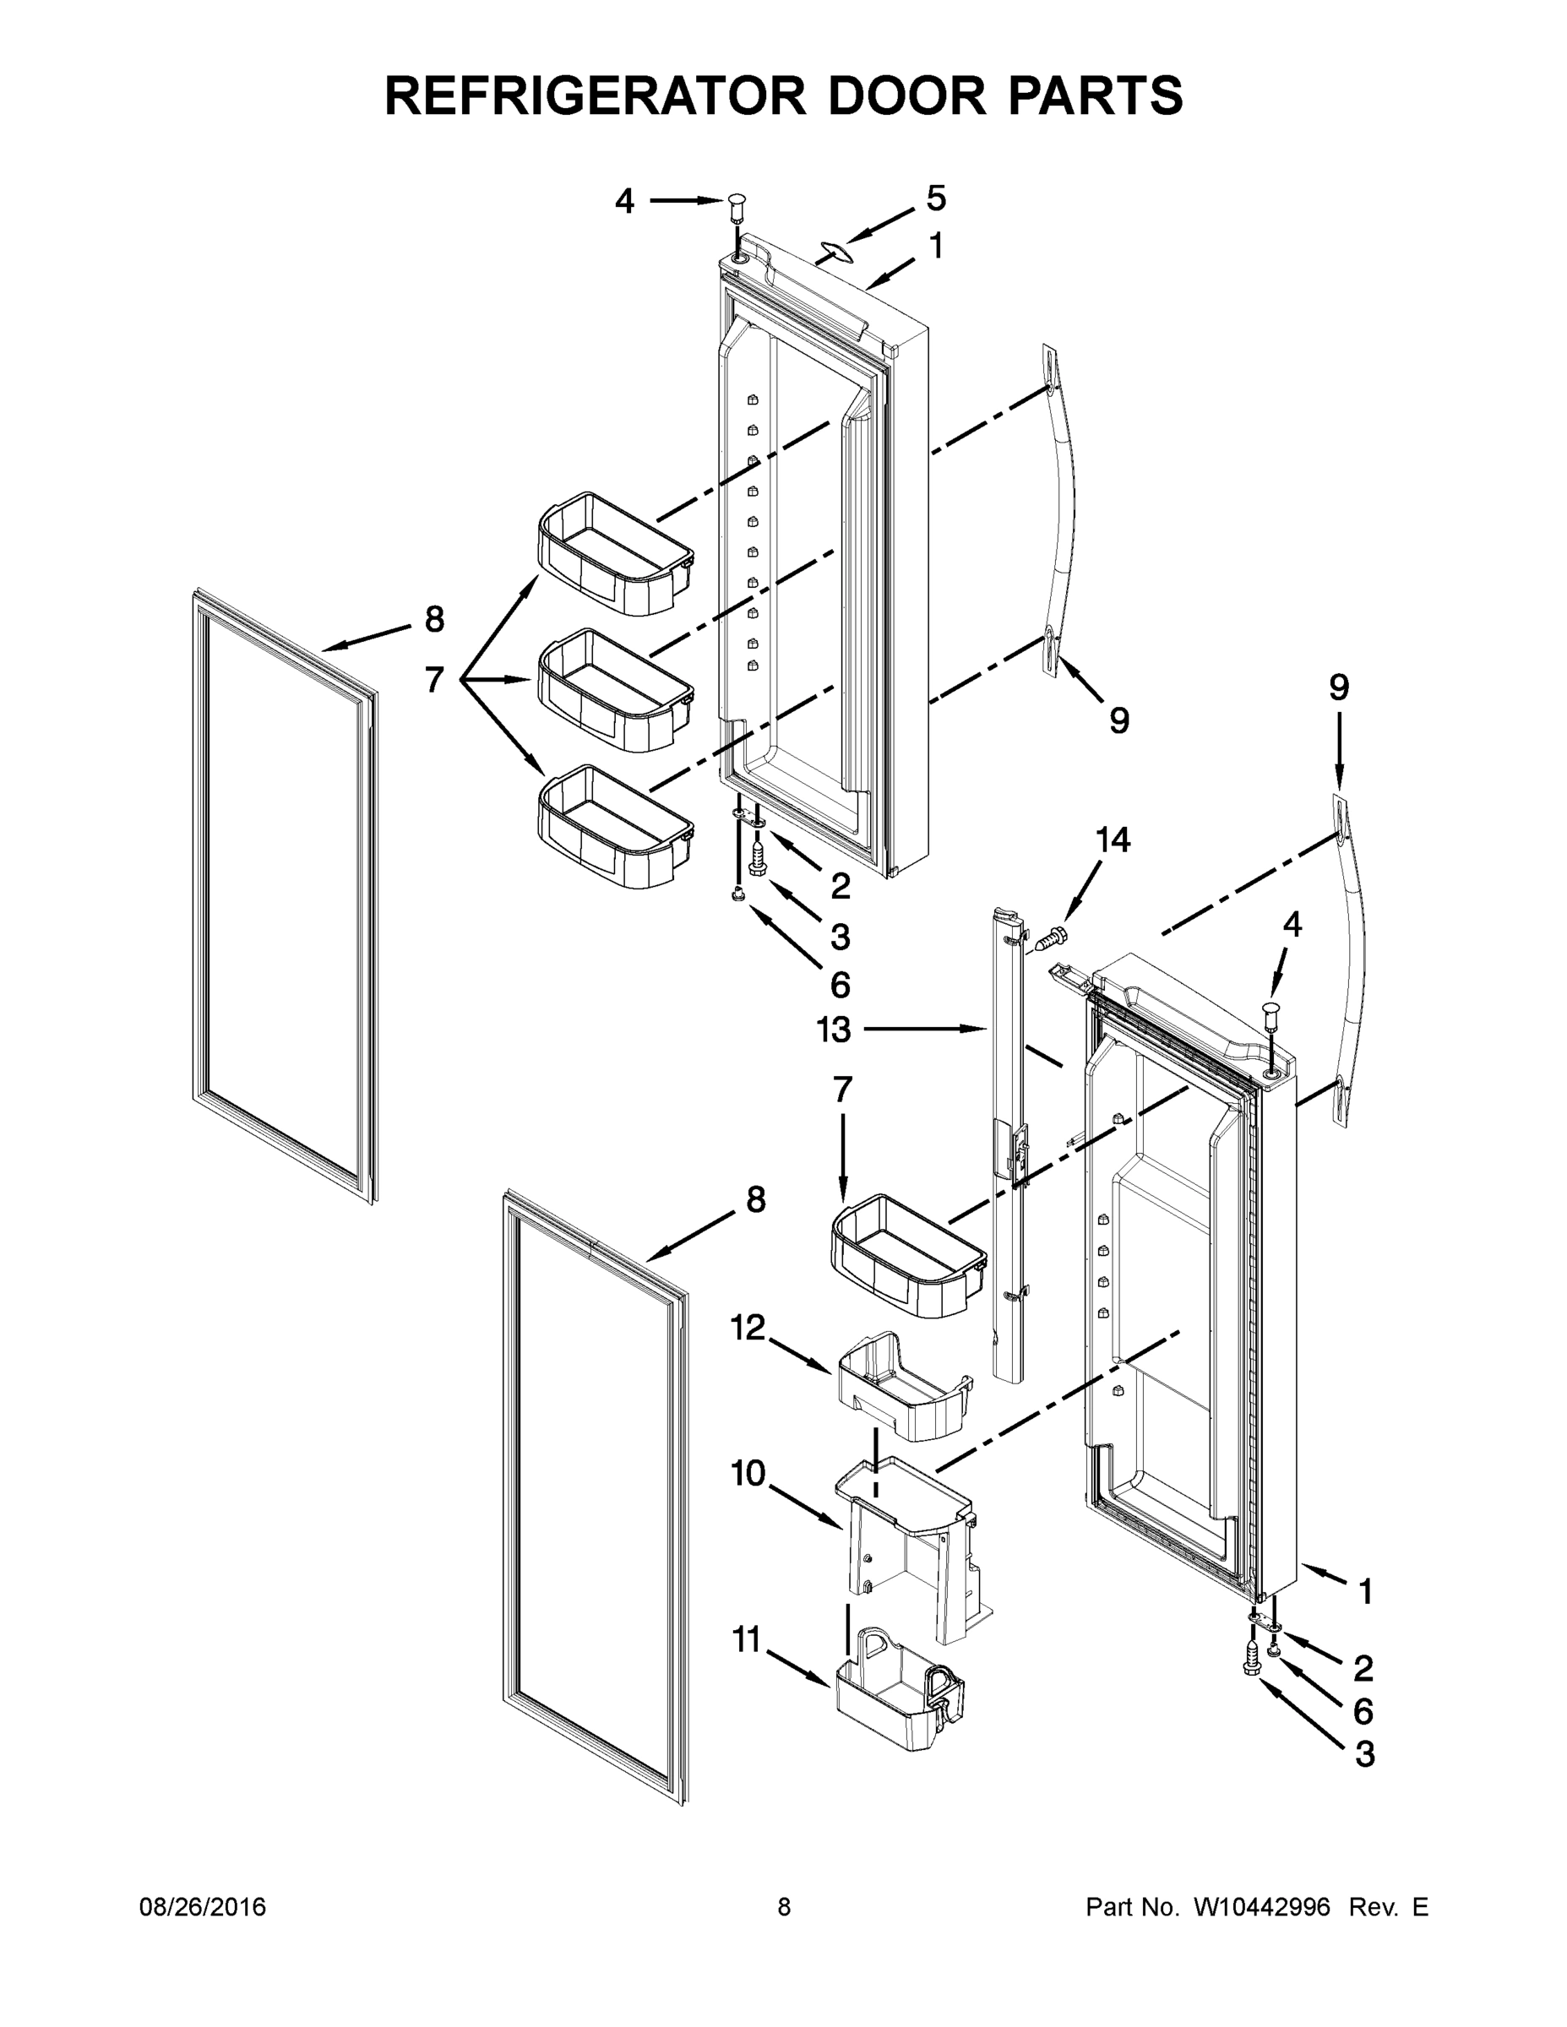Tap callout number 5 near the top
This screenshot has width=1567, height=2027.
[936, 198]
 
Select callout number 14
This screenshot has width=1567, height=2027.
[1113, 840]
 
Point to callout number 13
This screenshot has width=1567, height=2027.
[834, 1029]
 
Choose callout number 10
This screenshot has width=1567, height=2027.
[748, 1473]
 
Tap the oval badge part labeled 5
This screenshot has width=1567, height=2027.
[834, 250]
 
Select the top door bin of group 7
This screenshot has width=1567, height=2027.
[614, 554]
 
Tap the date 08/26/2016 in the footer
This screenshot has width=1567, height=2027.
[203, 1906]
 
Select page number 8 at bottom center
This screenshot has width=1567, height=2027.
[784, 1906]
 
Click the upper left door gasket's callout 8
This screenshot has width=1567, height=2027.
[433, 619]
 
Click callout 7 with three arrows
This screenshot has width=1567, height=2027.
[433, 680]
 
